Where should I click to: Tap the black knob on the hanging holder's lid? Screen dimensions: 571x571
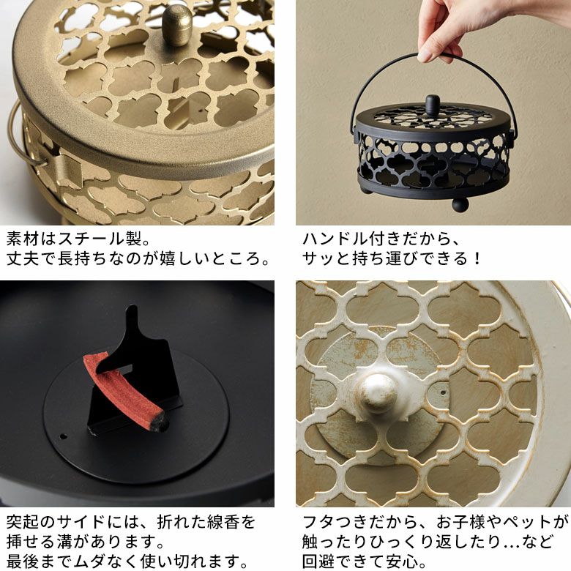point(432,105)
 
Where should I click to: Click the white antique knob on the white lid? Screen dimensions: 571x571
point(377,392)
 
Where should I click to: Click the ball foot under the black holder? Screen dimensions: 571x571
point(460,204)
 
